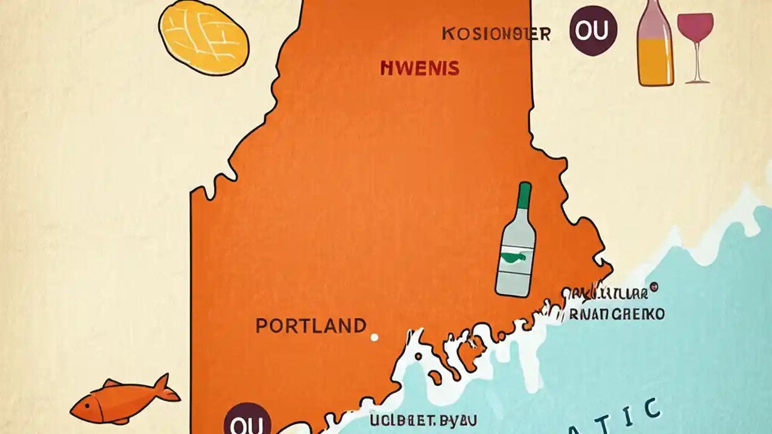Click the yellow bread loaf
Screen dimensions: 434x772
(x=204, y=37)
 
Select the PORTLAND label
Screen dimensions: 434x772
(x=311, y=326)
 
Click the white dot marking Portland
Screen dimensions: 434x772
(x=374, y=338)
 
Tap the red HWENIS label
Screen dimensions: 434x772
(x=420, y=68)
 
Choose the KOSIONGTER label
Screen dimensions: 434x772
(x=496, y=34)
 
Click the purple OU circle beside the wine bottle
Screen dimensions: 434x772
(x=593, y=31)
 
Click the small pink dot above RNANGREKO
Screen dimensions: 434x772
(x=655, y=287)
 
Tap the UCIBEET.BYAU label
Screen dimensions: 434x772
(x=423, y=420)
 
